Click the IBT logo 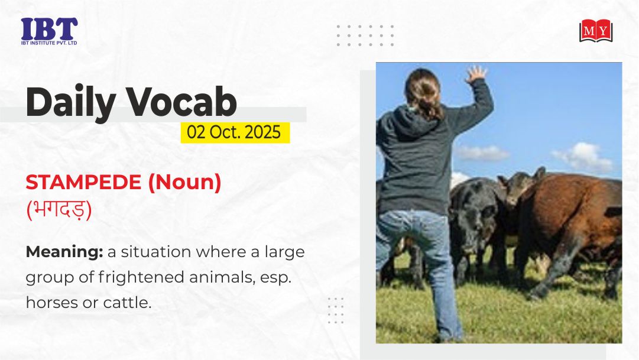[49, 31]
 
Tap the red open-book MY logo [596, 31]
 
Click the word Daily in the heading [71, 102]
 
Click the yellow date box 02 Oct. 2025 [235, 132]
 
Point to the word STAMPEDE [83, 182]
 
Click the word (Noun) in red [184, 182]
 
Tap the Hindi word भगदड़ [59, 210]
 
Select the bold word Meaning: [64, 252]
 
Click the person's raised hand [476, 74]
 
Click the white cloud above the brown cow [583, 157]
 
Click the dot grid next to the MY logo [365, 35]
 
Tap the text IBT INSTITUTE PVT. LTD [49, 43]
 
